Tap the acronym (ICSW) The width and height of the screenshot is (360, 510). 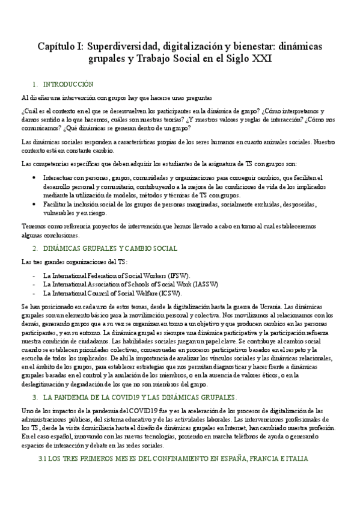click(185, 293)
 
